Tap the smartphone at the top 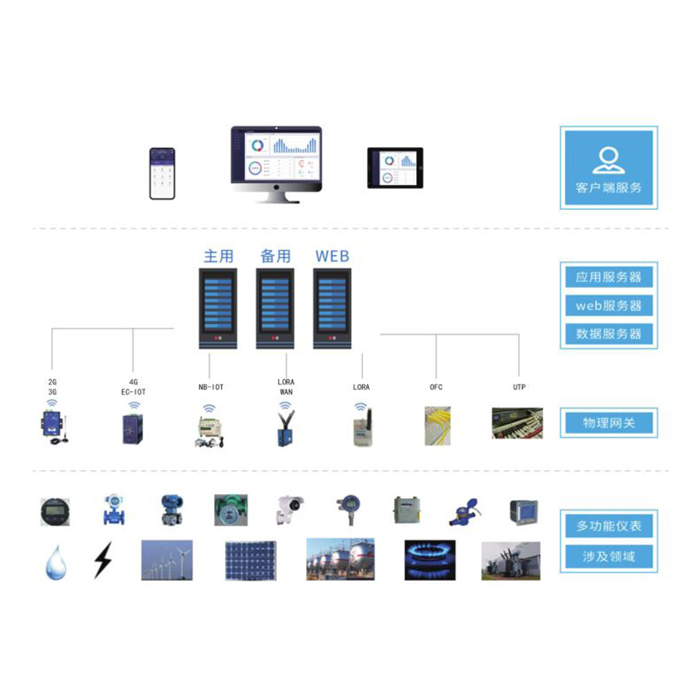coord(162,174)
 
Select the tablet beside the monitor coord(396,168)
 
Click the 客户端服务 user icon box coord(608,167)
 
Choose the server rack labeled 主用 coord(217,308)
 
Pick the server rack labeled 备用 coord(276,308)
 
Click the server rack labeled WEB coord(332,308)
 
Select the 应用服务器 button coord(608,277)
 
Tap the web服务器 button coord(608,306)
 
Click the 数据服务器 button coord(608,334)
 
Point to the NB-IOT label coord(211,387)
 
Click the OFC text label coord(436,387)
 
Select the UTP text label coord(519,387)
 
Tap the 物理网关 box coord(608,423)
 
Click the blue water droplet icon coord(56,561)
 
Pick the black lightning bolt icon coord(103,560)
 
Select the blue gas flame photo coord(430,560)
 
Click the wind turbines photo coord(166,560)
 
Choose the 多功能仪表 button coord(608,525)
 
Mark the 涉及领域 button coord(608,557)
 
